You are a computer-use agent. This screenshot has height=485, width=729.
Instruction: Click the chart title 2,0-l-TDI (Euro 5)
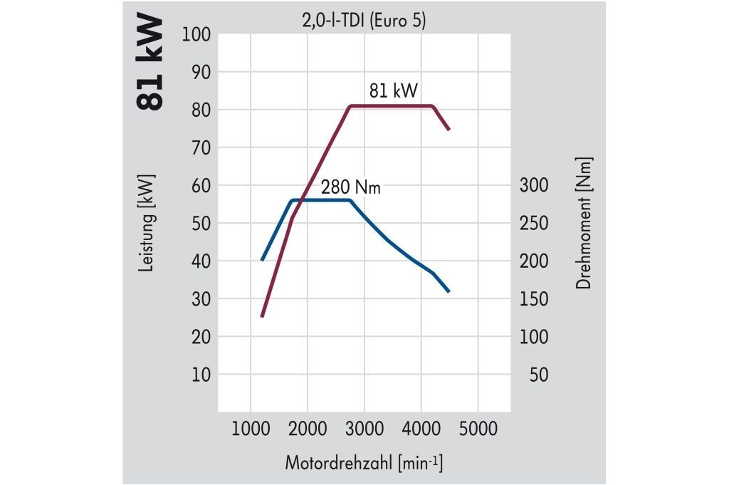pyautogui.click(x=364, y=22)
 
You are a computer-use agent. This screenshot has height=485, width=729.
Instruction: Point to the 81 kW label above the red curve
pyautogui.click(x=393, y=91)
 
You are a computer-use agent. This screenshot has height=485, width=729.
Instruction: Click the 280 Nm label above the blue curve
pyautogui.click(x=350, y=188)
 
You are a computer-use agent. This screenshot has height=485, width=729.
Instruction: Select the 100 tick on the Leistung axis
pyautogui.click(x=197, y=34)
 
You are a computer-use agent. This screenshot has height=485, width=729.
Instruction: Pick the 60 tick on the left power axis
pyautogui.click(x=201, y=185)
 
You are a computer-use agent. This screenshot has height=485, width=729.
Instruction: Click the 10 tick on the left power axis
pyautogui.click(x=201, y=375)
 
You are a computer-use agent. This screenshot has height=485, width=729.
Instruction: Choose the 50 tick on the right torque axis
pyautogui.click(x=539, y=375)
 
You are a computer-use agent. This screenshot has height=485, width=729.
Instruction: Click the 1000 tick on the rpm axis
pyautogui.click(x=251, y=429)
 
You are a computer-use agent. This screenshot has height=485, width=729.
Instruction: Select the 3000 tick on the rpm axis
pyautogui.click(x=364, y=429)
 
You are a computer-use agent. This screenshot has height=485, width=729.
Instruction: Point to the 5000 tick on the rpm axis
pyautogui.click(x=478, y=429)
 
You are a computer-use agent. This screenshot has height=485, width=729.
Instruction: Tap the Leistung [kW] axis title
pyautogui.click(x=147, y=223)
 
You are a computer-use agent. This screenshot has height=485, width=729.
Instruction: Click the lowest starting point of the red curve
pyautogui.click(x=262, y=316)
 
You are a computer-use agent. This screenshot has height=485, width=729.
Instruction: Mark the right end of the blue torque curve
pyautogui.click(x=449, y=292)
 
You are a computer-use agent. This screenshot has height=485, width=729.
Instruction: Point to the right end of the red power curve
pyautogui.click(x=449, y=130)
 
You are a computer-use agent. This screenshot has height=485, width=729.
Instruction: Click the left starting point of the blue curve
pyautogui.click(x=262, y=261)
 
